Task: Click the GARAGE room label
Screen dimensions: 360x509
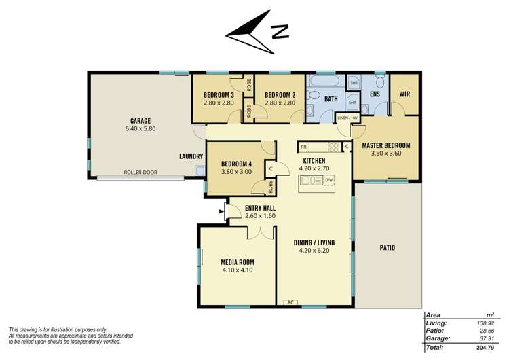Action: [x=140, y=121]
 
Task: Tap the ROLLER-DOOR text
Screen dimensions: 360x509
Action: [x=140, y=173]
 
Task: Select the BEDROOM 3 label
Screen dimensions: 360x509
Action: [x=219, y=94]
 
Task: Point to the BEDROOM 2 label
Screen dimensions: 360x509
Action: [x=279, y=94]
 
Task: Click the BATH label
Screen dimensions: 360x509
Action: [x=331, y=99]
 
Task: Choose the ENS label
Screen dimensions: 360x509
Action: [x=374, y=94]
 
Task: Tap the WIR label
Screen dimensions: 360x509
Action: [x=404, y=94]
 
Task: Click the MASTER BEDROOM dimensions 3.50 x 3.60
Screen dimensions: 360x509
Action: [x=386, y=154]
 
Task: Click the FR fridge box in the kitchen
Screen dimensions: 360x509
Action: [x=303, y=147]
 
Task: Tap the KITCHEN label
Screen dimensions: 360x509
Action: [x=314, y=161]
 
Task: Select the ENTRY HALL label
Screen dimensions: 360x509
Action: [x=250, y=208]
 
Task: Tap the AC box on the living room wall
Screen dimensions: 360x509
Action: [x=290, y=302]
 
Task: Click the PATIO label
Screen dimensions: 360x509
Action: [x=387, y=248]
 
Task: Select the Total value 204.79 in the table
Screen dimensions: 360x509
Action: [x=483, y=347]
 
